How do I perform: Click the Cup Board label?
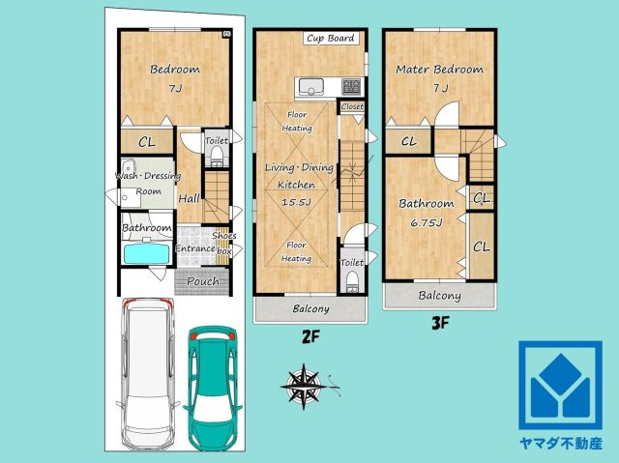pos(331,39)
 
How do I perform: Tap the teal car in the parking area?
pos(213,388)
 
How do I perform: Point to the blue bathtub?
pos(147,253)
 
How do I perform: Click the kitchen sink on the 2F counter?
pos(311,87)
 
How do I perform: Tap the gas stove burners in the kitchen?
pos(351,87)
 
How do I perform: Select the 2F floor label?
pos(310,336)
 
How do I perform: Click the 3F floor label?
pos(440,324)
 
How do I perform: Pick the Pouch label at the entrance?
pos(203,281)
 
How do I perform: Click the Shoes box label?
pos(224,243)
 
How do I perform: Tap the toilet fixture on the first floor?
pos(217,157)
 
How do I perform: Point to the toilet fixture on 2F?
pos(352,283)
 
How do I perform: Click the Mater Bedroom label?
pos(439,70)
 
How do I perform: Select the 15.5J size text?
pos(297,202)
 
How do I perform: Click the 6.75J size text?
pos(427,223)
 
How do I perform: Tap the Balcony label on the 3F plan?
pos(439,296)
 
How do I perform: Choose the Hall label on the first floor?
pos(190,198)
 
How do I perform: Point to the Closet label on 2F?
pos(352,106)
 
